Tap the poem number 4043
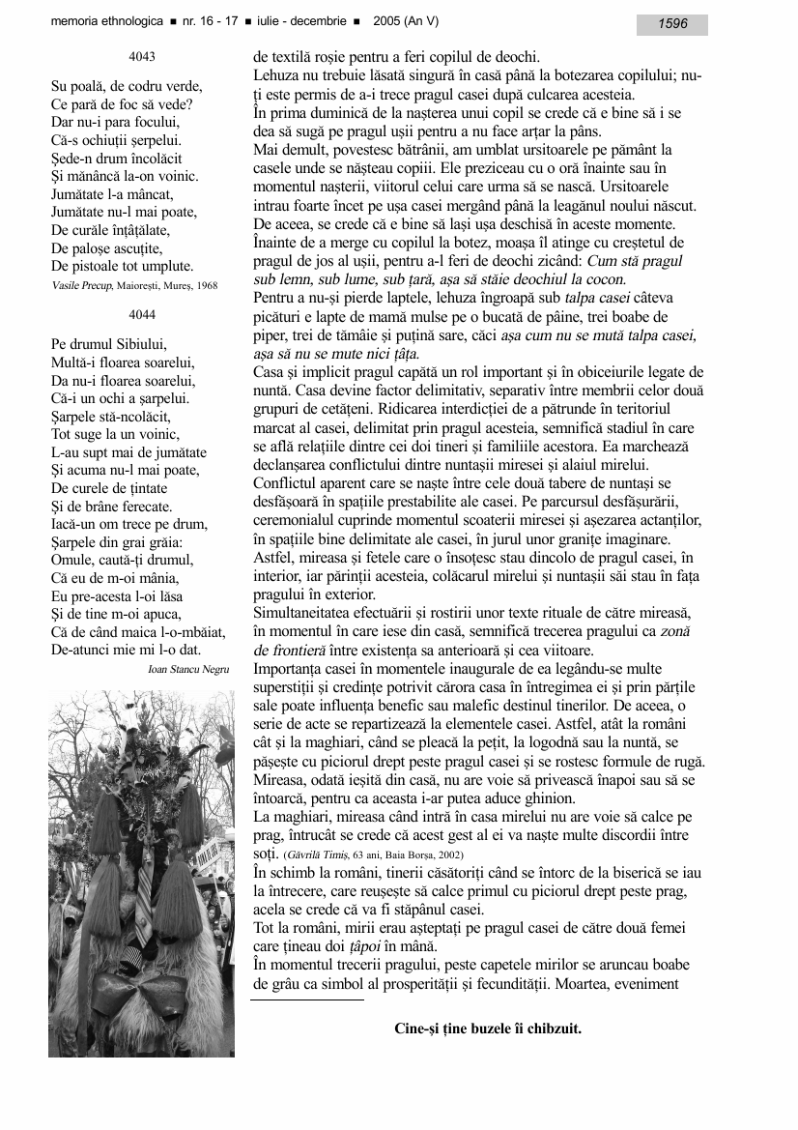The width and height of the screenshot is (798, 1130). click(x=141, y=58)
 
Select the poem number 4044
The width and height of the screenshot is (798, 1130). click(x=141, y=314)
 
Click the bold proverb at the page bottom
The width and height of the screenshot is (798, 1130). click(x=488, y=1029)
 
